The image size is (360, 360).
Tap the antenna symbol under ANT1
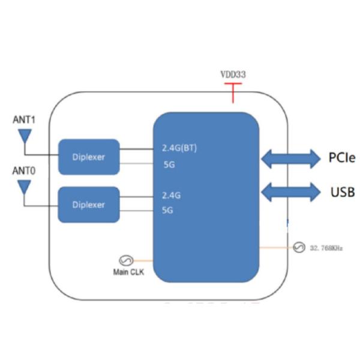click(x=25, y=138)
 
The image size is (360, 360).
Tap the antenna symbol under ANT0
click(x=25, y=188)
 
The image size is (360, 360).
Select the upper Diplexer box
click(x=88, y=157)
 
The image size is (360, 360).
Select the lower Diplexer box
click(x=88, y=205)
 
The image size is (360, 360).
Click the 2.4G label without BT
click(x=172, y=195)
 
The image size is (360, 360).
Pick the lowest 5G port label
click(x=169, y=210)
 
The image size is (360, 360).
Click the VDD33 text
click(x=233, y=75)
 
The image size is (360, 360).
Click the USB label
click(x=342, y=193)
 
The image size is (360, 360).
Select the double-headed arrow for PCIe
click(x=291, y=158)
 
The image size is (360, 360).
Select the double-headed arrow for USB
click(x=291, y=193)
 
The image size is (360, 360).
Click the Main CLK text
click(x=127, y=272)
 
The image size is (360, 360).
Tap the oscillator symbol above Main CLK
click(x=127, y=260)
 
